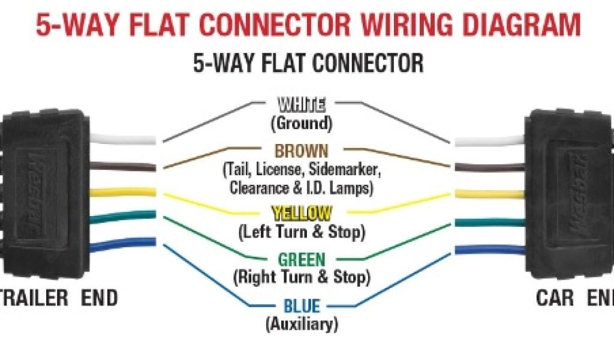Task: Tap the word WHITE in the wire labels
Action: click(301, 106)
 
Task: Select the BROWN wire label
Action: click(301, 151)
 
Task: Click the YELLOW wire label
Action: click(301, 213)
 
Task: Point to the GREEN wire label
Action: click(301, 260)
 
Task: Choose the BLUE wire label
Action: click(301, 306)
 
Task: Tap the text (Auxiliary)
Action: click(301, 324)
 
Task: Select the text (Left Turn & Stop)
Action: click(301, 231)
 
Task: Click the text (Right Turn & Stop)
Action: click(301, 277)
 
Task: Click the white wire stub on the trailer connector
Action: click(123, 139)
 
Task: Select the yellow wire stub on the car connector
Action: click(489, 194)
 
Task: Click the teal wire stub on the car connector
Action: click(489, 222)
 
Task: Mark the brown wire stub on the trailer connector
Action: click(123, 166)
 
